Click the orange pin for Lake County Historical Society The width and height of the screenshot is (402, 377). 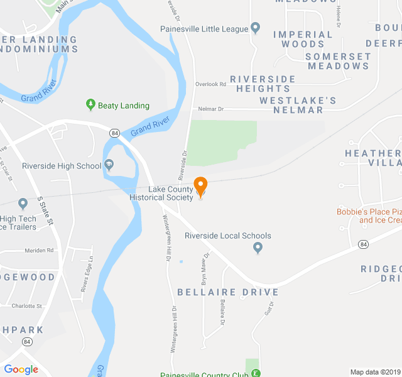[200, 187]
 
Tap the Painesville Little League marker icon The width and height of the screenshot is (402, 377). [255, 28]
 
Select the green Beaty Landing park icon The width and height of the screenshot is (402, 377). [90, 105]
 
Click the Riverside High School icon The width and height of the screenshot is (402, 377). [109, 165]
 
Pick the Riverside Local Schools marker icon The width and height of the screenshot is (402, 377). [257, 248]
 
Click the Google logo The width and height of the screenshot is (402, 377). [21, 369]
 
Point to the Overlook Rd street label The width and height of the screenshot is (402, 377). [210, 84]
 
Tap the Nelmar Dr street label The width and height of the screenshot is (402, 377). [210, 109]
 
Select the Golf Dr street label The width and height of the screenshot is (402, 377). [269, 308]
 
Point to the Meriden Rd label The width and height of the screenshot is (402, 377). [40, 250]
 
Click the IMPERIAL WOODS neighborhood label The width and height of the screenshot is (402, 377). [303, 39]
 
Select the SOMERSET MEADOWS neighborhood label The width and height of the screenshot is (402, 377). [338, 61]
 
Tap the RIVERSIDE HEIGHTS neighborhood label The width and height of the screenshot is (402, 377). [263, 84]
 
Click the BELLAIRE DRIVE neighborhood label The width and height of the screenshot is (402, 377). [227, 292]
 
